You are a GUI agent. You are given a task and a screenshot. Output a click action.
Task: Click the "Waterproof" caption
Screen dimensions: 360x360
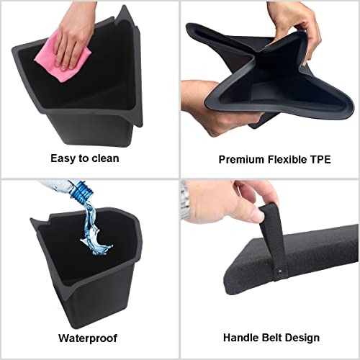pos(85,336)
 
